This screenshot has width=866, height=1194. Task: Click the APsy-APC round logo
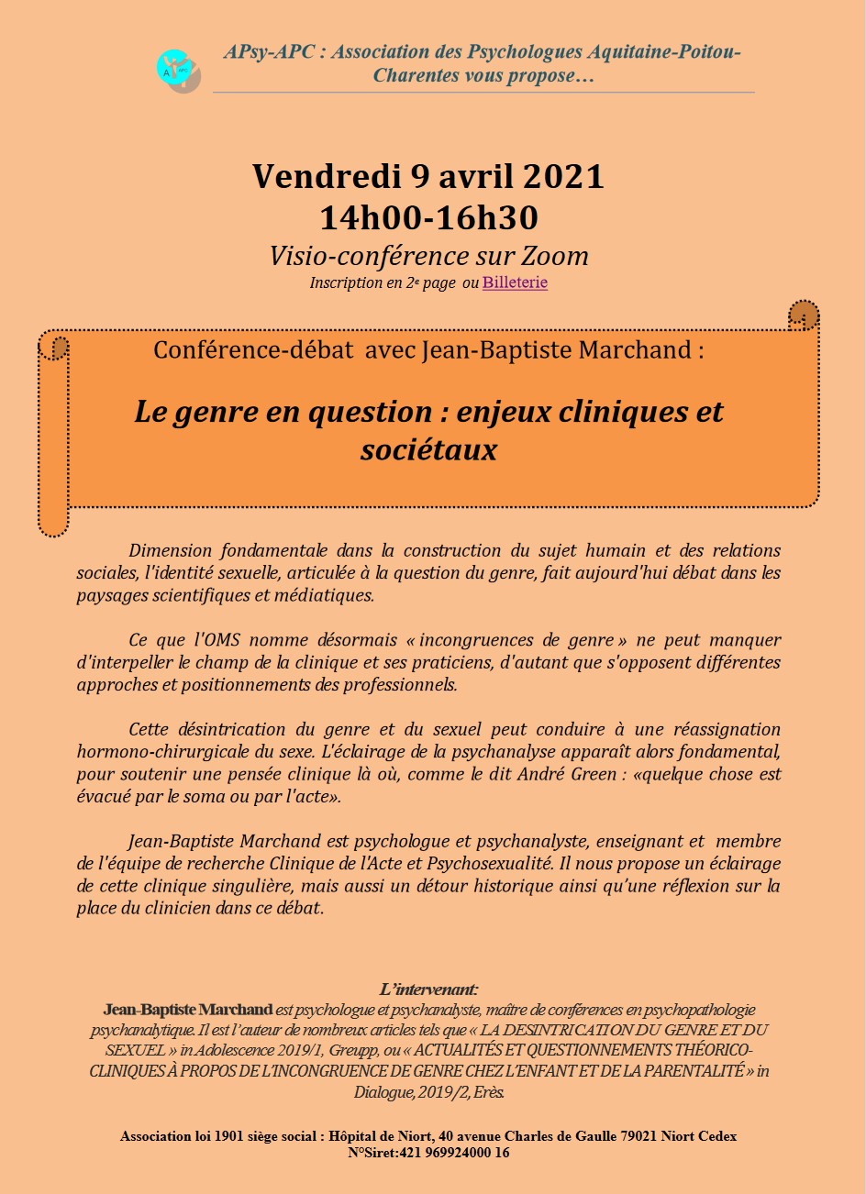pyautogui.click(x=178, y=71)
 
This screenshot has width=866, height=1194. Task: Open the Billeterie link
pyautogui.click(x=515, y=282)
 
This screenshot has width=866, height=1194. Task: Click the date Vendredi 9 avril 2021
pyautogui.click(x=428, y=175)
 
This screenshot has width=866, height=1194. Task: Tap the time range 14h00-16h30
pyautogui.click(x=428, y=218)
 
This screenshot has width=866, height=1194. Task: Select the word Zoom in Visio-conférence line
pyautogui.click(x=555, y=256)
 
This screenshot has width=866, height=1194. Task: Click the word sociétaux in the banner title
pyautogui.click(x=428, y=449)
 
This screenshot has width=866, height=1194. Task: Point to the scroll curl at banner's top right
pyautogui.click(x=804, y=315)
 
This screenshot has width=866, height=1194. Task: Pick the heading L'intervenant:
pyautogui.click(x=428, y=989)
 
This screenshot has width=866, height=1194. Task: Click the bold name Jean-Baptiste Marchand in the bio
pyautogui.click(x=188, y=1010)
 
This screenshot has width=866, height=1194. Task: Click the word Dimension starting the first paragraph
pyautogui.click(x=171, y=551)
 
